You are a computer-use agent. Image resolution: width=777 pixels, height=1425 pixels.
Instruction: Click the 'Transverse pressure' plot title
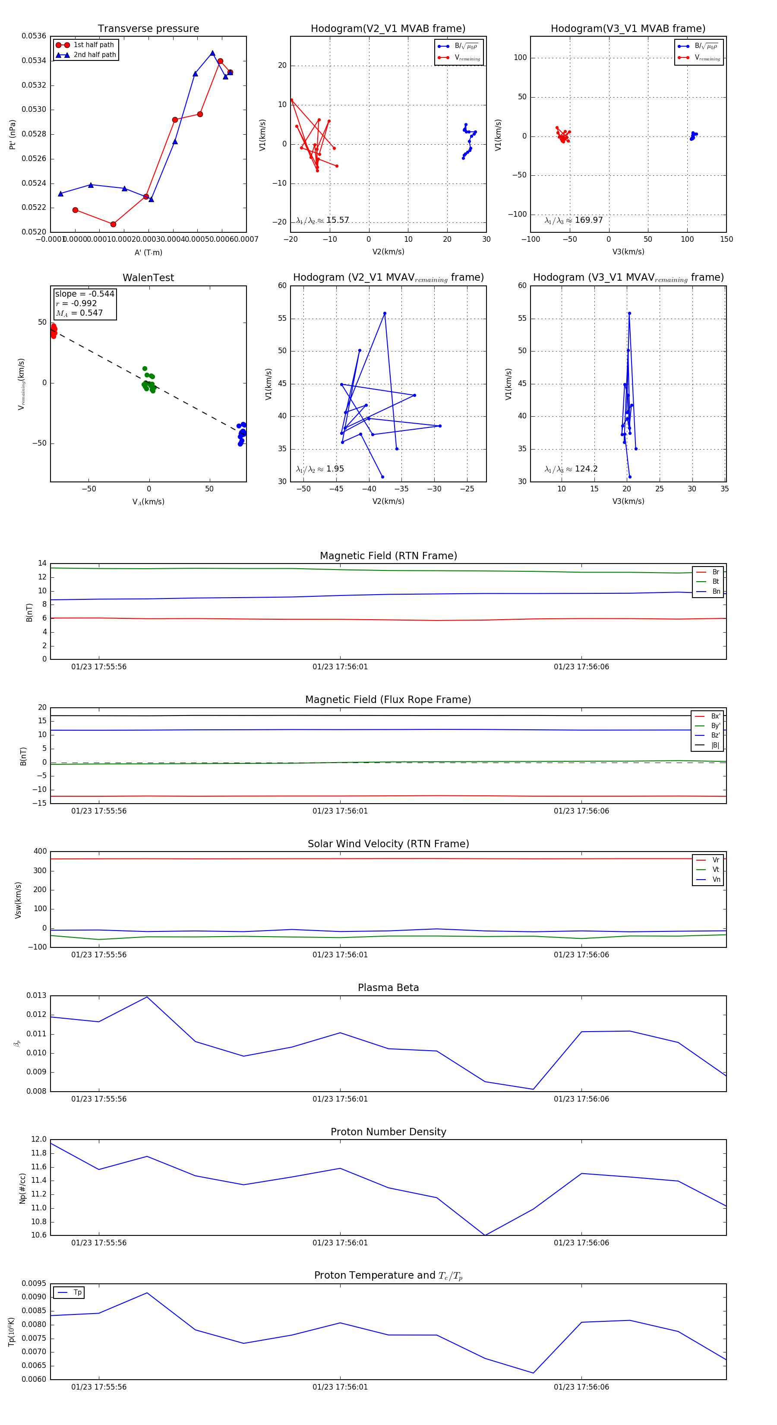[x=148, y=29]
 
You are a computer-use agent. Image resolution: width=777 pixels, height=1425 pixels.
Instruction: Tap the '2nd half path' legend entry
[x=95, y=55]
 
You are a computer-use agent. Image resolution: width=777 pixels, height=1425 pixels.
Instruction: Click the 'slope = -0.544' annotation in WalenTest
[x=85, y=294]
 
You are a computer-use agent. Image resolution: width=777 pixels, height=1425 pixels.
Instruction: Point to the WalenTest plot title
[x=148, y=278]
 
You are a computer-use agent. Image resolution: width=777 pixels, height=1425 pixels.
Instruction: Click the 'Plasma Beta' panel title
[x=388, y=988]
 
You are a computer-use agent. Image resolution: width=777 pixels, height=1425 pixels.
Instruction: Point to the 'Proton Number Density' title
[x=388, y=1132]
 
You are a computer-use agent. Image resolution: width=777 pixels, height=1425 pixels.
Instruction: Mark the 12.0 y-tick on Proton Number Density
[x=39, y=1140]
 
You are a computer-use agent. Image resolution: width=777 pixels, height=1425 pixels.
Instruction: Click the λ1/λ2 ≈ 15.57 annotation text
[x=322, y=220]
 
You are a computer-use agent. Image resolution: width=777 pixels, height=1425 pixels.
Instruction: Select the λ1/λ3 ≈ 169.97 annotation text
[x=574, y=220]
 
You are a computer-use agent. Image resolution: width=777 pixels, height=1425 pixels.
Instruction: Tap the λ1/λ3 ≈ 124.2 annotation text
[x=571, y=469]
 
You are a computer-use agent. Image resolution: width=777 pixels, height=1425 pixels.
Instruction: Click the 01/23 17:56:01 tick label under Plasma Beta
[x=340, y=1099]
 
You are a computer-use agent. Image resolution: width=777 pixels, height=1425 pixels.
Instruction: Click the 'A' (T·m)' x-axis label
[x=148, y=252]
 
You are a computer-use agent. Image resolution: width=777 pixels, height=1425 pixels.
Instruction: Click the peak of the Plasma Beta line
[x=147, y=997]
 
